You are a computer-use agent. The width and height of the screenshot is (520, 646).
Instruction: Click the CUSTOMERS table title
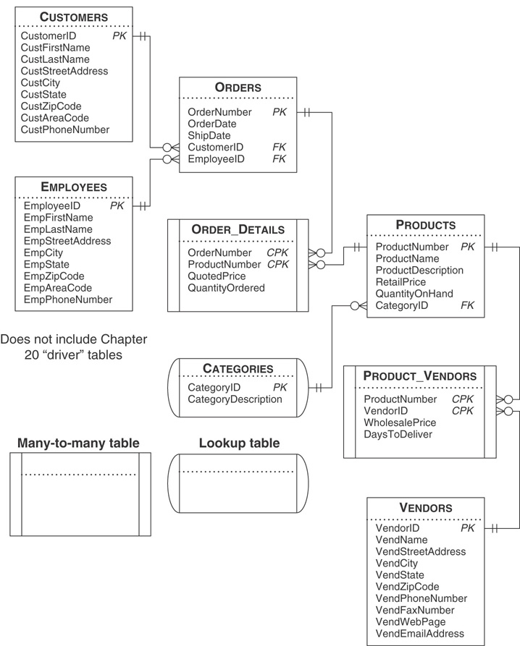coord(73,17)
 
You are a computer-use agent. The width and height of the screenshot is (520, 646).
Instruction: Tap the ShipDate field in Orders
coord(209,135)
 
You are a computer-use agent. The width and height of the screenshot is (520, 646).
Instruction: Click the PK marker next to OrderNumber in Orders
coord(280,112)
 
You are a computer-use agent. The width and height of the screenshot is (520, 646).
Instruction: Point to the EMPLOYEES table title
coord(73,187)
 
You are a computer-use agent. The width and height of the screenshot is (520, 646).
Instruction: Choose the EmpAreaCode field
coord(57,287)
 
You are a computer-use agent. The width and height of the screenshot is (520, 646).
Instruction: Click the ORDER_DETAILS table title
coord(238,230)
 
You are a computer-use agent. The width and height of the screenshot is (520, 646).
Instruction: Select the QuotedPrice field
coord(217,276)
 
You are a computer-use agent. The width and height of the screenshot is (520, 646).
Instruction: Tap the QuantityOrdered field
coord(226,288)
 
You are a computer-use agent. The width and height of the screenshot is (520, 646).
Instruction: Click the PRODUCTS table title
coord(425,225)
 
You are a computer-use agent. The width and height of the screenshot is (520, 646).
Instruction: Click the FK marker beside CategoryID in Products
coord(467,305)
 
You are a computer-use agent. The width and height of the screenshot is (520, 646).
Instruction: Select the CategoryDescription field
coord(235,399)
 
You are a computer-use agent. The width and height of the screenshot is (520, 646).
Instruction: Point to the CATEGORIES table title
coord(238,369)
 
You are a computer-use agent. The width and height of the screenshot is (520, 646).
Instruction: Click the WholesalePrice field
coord(399,422)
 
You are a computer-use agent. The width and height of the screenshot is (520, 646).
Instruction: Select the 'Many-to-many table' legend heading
coord(78,443)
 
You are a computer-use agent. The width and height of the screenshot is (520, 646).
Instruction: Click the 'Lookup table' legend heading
coord(239,443)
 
